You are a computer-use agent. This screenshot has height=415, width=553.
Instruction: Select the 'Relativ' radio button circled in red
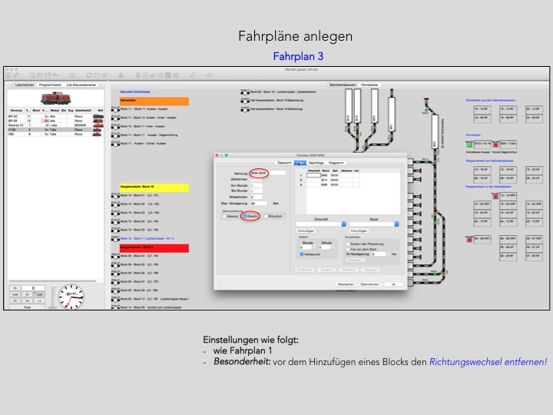(246, 217)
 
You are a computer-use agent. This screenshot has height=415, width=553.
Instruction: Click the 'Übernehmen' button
(370, 284)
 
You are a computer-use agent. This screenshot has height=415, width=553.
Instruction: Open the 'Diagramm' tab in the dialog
(336, 163)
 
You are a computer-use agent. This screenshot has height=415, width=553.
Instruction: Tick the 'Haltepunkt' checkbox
(302, 254)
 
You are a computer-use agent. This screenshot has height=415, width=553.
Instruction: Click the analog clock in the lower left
(71, 297)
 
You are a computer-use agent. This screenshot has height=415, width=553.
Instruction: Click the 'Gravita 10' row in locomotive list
(18, 124)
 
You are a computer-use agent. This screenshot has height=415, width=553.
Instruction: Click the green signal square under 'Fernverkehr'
(498, 144)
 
